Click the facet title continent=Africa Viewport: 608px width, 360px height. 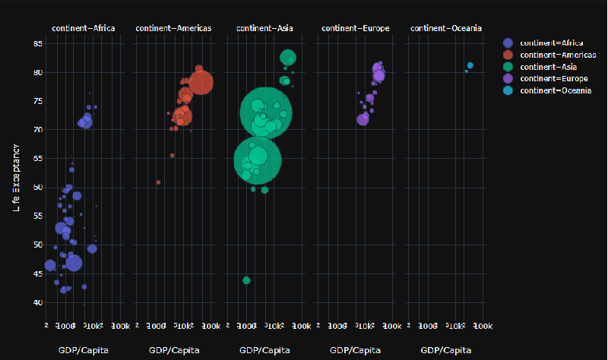pyautogui.click(x=84, y=29)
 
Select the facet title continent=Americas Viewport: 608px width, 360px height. pyautogui.click(x=173, y=29)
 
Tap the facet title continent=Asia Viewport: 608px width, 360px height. pyautogui.click(x=264, y=29)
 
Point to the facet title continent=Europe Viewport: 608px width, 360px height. pyautogui.click(x=355, y=29)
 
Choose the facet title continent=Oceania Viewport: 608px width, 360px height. pyautogui.click(x=445, y=29)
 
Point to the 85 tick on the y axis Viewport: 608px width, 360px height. pyautogui.click(x=37, y=43)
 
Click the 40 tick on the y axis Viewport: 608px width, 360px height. pyautogui.click(x=37, y=302)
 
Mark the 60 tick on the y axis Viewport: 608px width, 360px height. pyautogui.click(x=37, y=187)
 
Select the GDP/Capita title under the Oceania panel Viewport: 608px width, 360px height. pyautogui.click(x=445, y=350)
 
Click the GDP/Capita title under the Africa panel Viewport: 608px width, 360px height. pyautogui.click(x=83, y=350)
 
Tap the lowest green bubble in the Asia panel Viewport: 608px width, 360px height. pyautogui.click(x=246, y=280)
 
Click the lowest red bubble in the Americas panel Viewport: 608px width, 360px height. pyautogui.click(x=158, y=182)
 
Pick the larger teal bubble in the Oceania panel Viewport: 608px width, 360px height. pyautogui.click(x=470, y=65)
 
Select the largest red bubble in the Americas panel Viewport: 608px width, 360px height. pyautogui.click(x=201, y=81)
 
